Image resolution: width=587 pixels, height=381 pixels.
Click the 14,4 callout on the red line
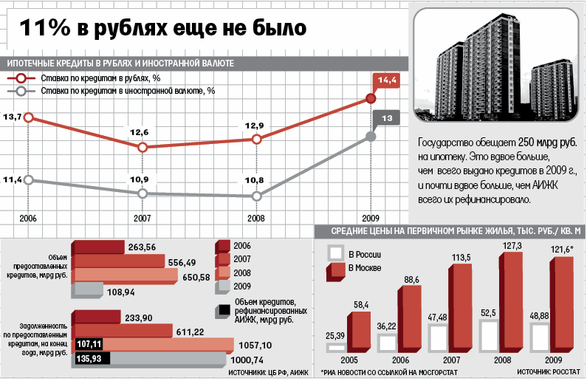coord(387,80)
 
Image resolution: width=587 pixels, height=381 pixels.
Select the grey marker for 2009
coord(371,137)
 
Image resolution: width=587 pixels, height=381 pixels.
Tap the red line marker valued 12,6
coord(143,147)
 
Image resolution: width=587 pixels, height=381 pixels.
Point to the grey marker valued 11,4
coord(29,179)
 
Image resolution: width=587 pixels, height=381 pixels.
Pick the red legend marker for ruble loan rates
coord(21,79)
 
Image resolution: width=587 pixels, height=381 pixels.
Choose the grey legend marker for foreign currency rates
coord(21,92)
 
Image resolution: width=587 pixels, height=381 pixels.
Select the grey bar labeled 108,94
coord(97,291)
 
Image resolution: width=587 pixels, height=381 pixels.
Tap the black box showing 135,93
coord(89,360)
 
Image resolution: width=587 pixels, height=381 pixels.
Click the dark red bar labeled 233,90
coord(96,317)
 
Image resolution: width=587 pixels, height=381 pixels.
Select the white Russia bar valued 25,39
coord(335,347)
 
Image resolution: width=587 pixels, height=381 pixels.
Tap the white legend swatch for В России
coord(335,253)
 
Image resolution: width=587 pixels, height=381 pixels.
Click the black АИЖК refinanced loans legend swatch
coord(223,310)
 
